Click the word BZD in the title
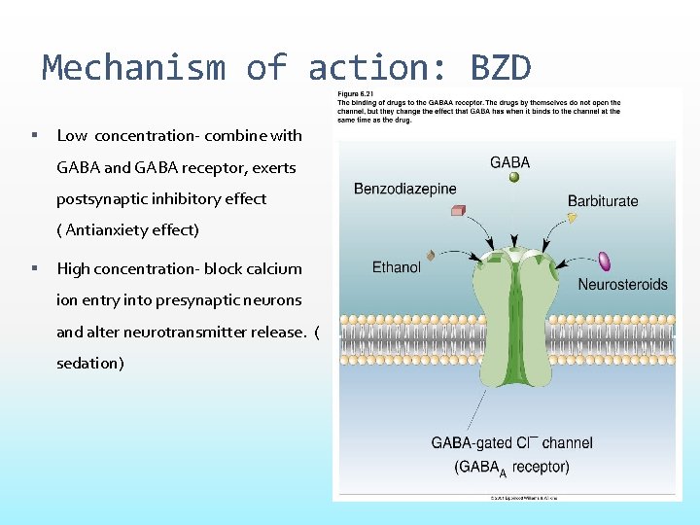(x=501, y=68)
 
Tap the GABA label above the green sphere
(x=510, y=162)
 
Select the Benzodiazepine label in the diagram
(x=404, y=189)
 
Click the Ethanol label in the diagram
(x=397, y=267)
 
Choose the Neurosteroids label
(x=622, y=285)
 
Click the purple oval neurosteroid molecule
(x=604, y=261)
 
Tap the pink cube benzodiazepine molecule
(x=458, y=210)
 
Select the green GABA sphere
(x=514, y=178)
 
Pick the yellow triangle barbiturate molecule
(x=573, y=219)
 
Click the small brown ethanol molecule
(x=431, y=255)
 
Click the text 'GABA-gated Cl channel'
(x=511, y=443)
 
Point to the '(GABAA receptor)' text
(x=511, y=467)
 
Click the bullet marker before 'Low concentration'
(x=34, y=135)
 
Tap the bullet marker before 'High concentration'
(x=34, y=268)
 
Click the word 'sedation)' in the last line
(x=89, y=363)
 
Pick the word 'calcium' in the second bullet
(x=277, y=268)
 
